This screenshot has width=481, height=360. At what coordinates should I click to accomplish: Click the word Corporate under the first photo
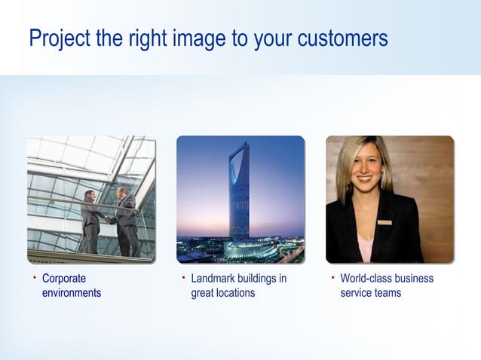[x=63, y=279]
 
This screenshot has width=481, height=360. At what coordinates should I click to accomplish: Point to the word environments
[x=71, y=292]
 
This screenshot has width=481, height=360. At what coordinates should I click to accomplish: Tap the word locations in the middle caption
[x=234, y=292]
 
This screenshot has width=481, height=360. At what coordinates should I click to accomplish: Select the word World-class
[x=367, y=279]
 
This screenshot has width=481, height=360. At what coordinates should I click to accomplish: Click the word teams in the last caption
[x=384, y=292]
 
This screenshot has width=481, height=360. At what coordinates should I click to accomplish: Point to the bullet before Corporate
[x=35, y=278]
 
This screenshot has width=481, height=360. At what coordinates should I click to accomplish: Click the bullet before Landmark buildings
[x=184, y=278]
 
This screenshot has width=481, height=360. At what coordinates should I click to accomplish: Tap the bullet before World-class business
[x=333, y=278]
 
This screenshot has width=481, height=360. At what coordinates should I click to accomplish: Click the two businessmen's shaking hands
[x=111, y=220]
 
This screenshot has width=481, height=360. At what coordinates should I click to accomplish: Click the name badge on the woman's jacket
[x=384, y=222]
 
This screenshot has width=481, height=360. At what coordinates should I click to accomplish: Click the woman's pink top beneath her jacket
[x=366, y=245]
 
